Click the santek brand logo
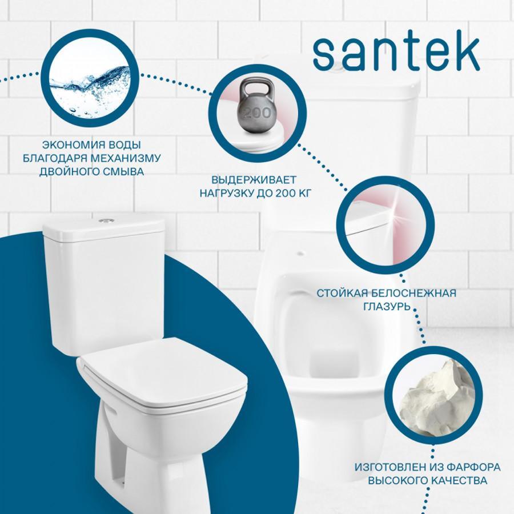(396, 54)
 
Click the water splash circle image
(90, 78)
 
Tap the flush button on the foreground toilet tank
(106, 220)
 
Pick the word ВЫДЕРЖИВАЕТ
(254, 180)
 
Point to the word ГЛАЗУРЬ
(387, 307)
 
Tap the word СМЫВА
(123, 171)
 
